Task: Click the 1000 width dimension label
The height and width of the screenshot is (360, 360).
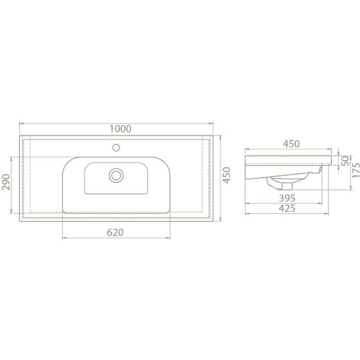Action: (120, 128)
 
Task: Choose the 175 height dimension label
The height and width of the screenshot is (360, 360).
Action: (355, 171)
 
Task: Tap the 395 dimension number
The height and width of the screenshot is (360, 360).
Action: (286, 198)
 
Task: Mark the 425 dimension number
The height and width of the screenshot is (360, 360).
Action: (286, 208)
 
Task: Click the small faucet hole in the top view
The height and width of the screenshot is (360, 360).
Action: (116, 147)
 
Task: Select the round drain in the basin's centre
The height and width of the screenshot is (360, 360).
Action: (115, 174)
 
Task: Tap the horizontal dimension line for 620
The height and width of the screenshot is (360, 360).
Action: (83, 238)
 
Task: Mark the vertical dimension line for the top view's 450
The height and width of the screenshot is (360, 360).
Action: (220, 157)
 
